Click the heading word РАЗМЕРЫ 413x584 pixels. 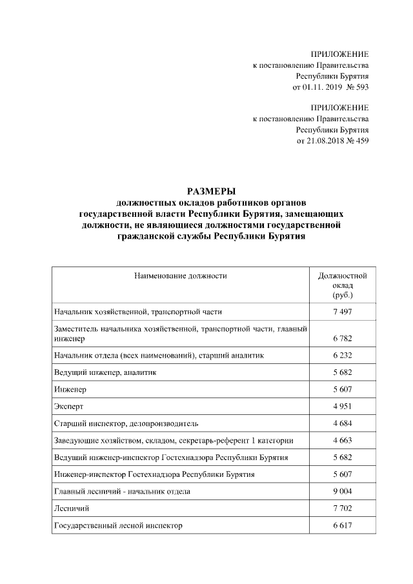(x=211, y=190)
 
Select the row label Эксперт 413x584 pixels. (x=68, y=407)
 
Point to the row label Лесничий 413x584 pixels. (x=71, y=508)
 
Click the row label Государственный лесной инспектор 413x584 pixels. (x=118, y=526)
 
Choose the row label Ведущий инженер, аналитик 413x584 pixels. (x=105, y=373)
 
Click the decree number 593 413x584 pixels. (x=361, y=86)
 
